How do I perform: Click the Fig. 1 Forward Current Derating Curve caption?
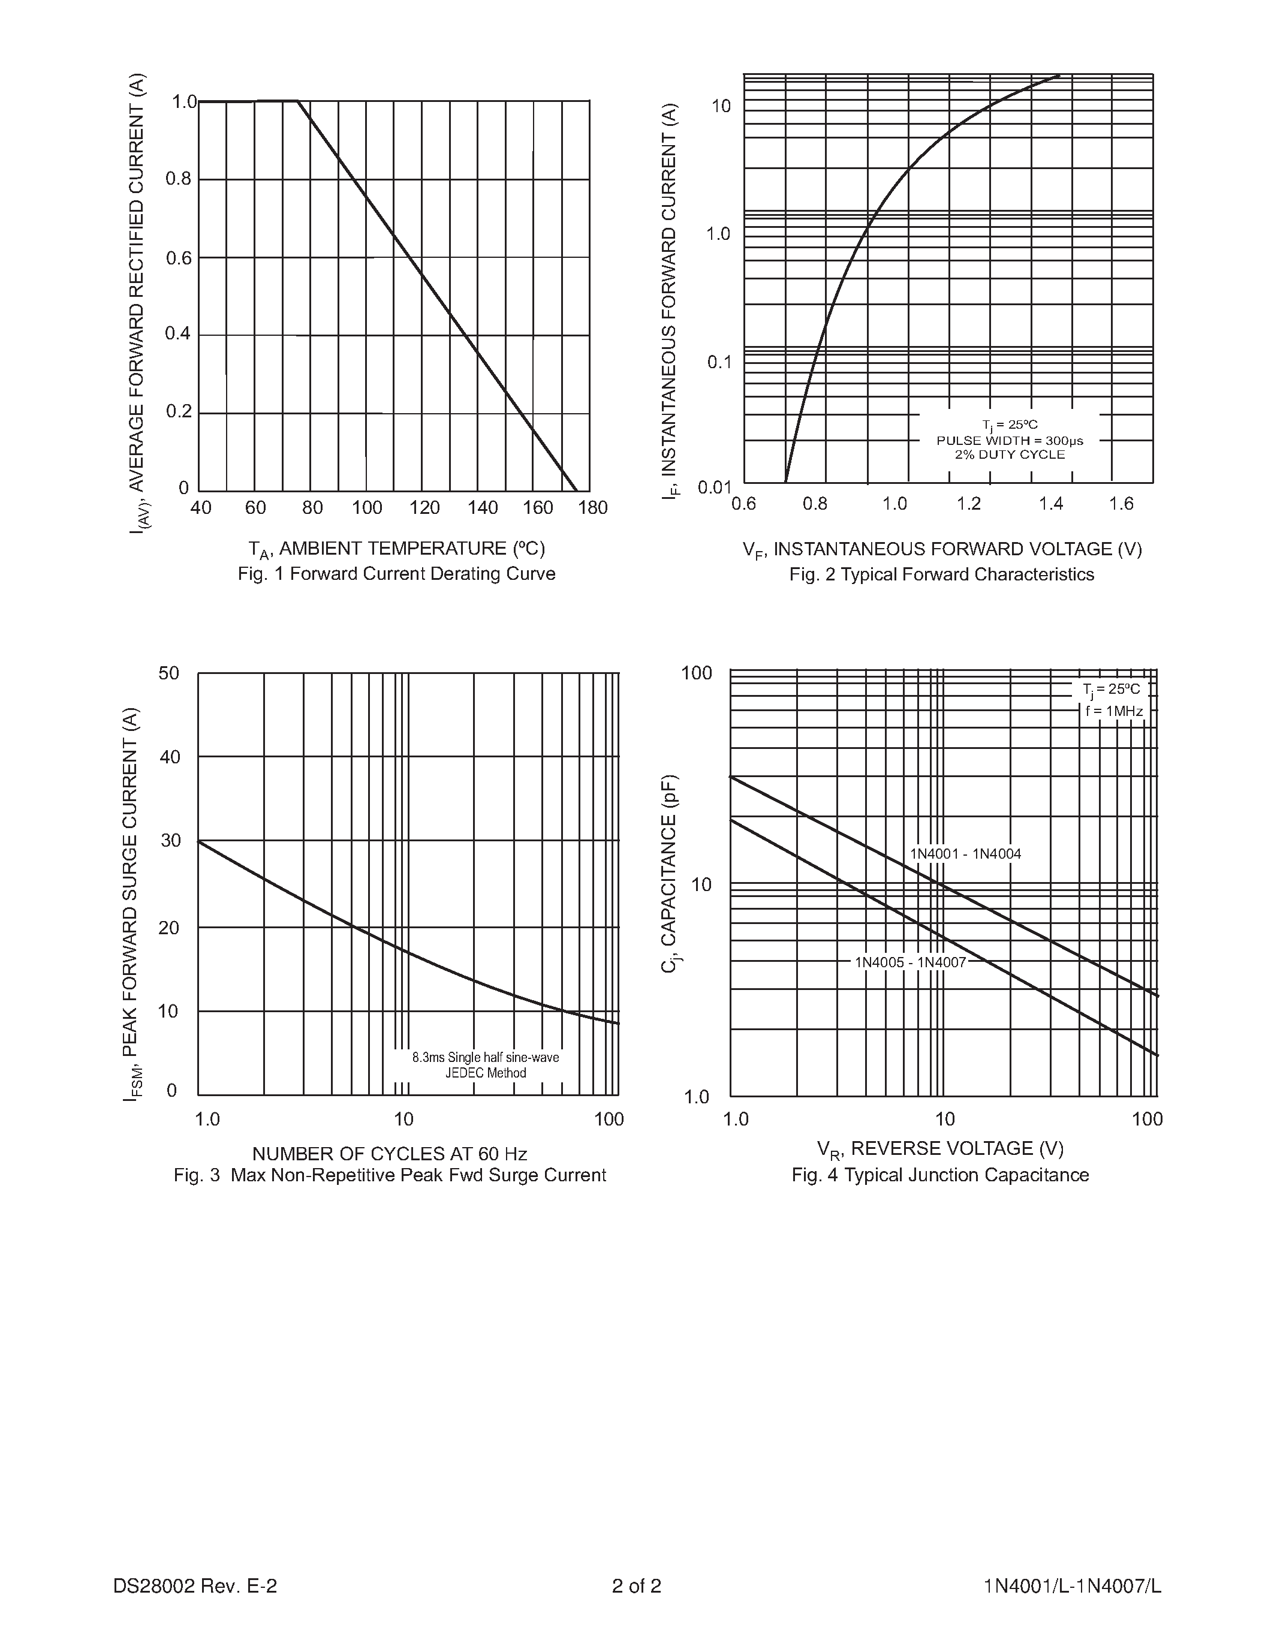[396, 574]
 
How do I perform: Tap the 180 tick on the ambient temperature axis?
[592, 508]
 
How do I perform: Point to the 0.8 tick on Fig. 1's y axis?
[179, 179]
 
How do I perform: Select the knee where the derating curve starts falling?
[298, 100]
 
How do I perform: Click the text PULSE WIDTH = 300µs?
[1010, 440]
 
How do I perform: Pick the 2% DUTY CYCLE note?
[1010, 455]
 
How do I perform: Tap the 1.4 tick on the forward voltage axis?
[1050, 504]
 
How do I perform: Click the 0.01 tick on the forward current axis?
[715, 487]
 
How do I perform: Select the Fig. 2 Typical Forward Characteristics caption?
[941, 574]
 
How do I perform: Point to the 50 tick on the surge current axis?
[169, 673]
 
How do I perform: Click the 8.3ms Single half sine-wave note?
[485, 1058]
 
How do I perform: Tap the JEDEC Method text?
[485, 1073]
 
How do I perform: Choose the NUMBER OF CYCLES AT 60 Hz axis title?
[390, 1154]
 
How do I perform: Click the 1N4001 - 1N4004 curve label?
[965, 854]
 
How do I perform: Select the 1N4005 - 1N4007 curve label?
[910, 962]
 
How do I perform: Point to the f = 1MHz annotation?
[1114, 711]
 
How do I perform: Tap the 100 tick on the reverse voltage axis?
[1147, 1119]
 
